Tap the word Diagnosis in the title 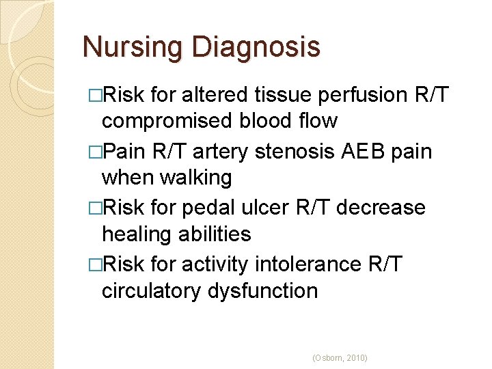pos(256,48)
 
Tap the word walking pos(196,178)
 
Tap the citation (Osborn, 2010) pos(339,357)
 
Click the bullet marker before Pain pos(94,151)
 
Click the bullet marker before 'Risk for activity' pos(94,264)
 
